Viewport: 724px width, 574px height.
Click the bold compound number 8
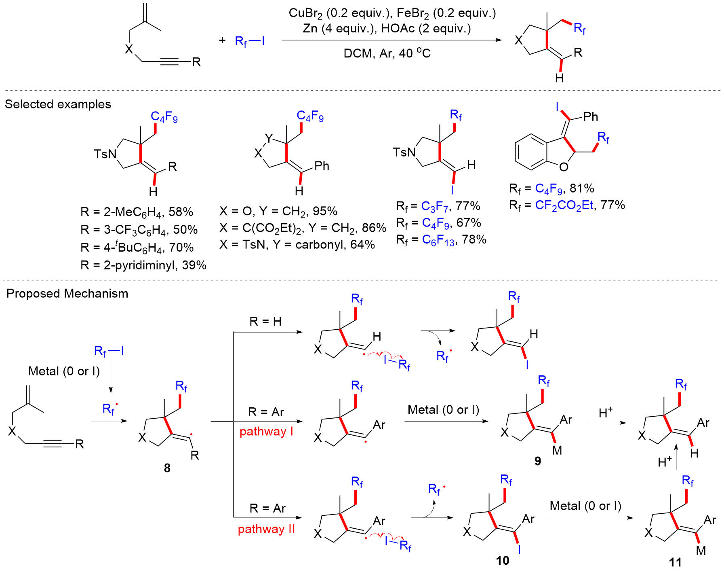pyautogui.click(x=167, y=468)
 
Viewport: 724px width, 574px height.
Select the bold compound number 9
pyautogui.click(x=537, y=461)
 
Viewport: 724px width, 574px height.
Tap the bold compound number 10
pyautogui.click(x=503, y=560)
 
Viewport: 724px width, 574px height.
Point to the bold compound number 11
pyautogui.click(x=675, y=562)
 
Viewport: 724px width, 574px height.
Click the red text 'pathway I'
pyautogui.click(x=266, y=431)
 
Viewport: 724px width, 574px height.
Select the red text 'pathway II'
pyautogui.click(x=266, y=529)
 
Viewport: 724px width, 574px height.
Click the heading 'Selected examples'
pyautogui.click(x=58, y=104)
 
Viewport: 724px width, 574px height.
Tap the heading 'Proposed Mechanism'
pyautogui.click(x=67, y=293)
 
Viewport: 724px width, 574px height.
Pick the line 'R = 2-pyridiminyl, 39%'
pyautogui.click(x=143, y=265)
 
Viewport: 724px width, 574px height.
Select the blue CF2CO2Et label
pyautogui.click(x=564, y=205)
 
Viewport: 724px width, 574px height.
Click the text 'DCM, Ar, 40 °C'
pyautogui.click(x=387, y=53)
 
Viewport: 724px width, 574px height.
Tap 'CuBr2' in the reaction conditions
pyautogui.click(x=305, y=13)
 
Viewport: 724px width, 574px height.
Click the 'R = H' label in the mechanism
pyautogui.click(x=265, y=322)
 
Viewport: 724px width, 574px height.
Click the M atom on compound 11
pyautogui.click(x=701, y=551)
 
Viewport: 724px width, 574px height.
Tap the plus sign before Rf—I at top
pyautogui.click(x=222, y=40)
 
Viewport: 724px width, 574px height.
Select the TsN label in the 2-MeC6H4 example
pyautogui.click(x=105, y=154)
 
